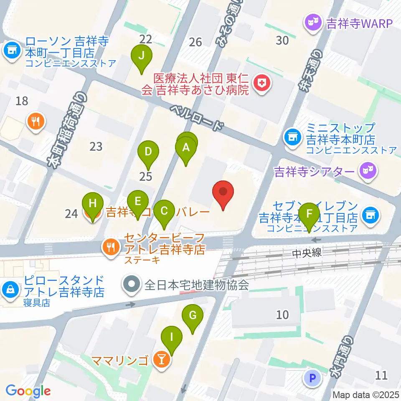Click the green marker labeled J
(x=142, y=56)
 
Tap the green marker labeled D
(x=148, y=152)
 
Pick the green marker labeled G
(x=193, y=316)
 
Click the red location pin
(x=223, y=193)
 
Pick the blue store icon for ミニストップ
(x=291, y=137)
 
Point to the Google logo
(x=28, y=391)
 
